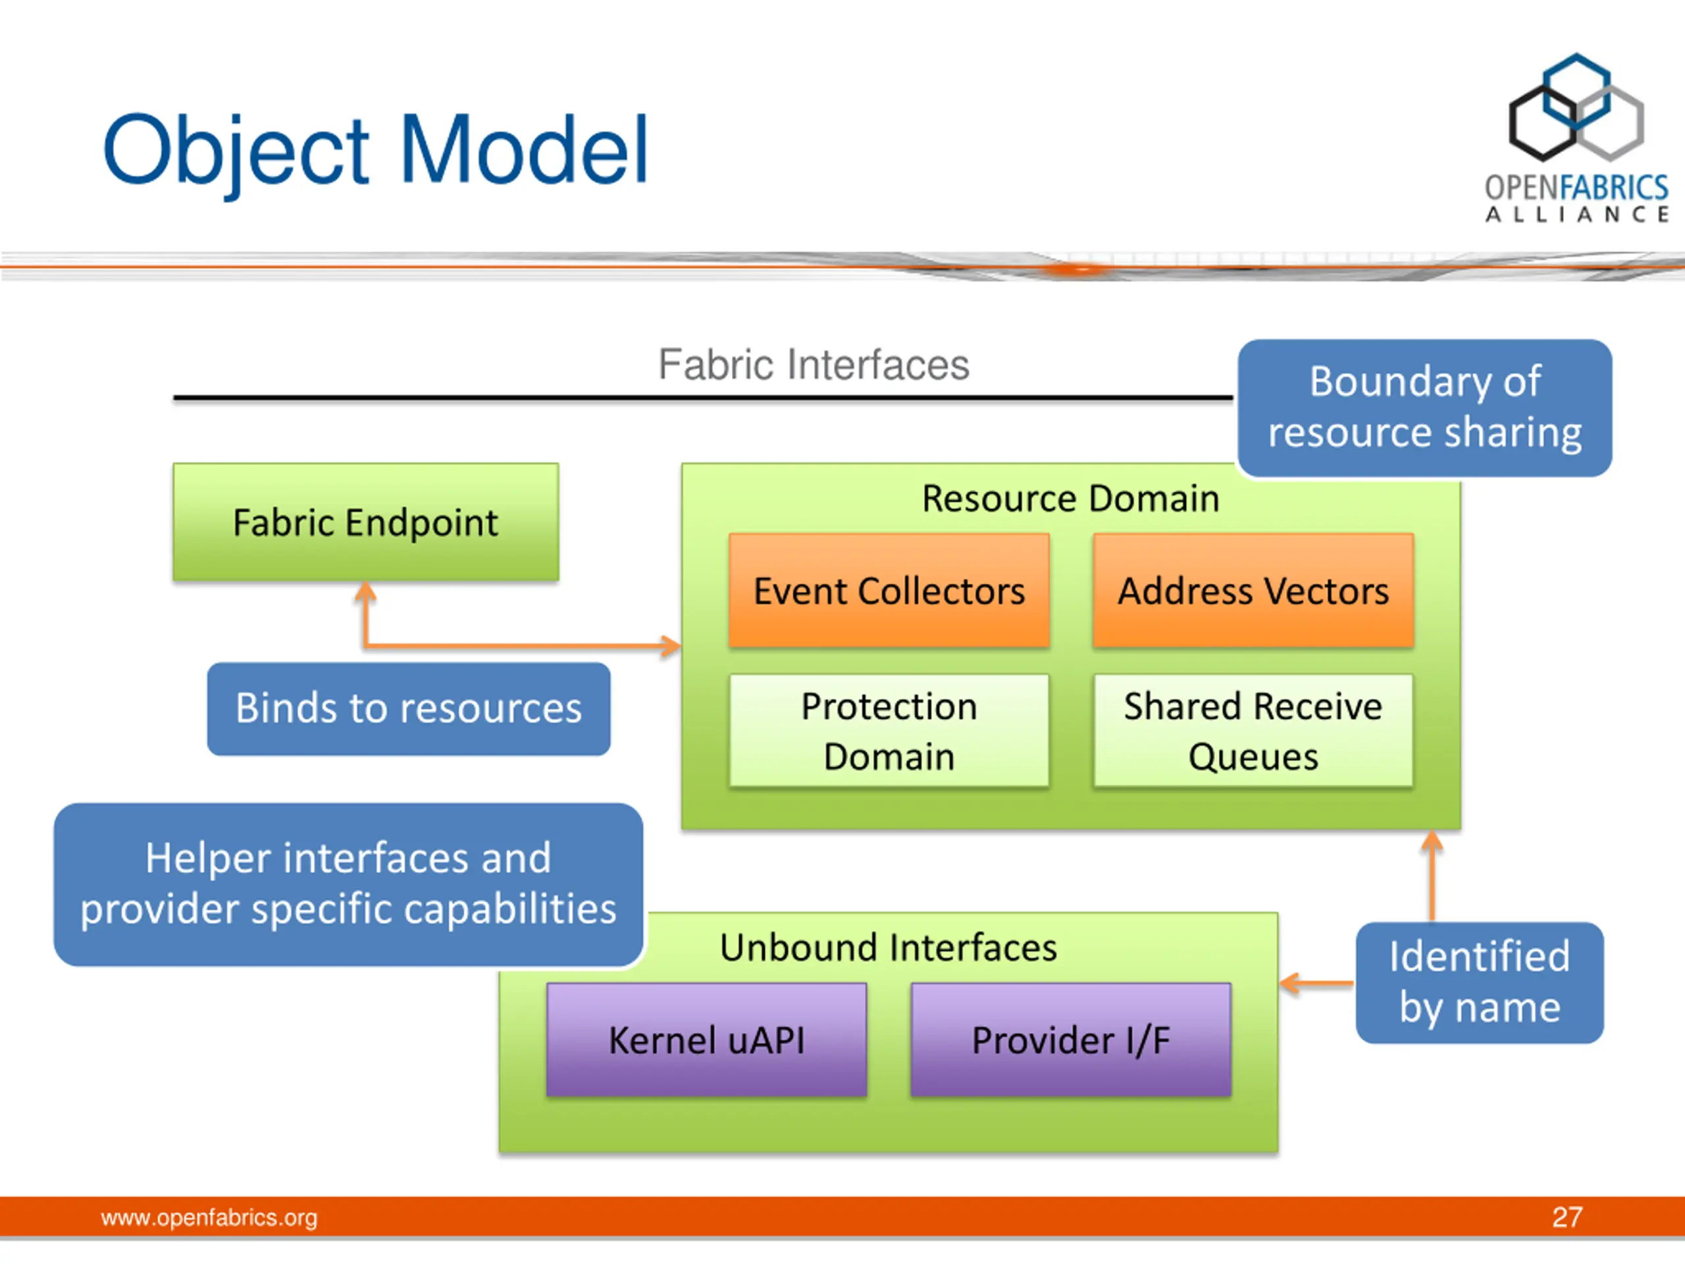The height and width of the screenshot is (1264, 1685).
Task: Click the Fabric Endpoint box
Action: tap(366, 523)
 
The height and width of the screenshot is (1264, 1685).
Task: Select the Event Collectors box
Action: tap(889, 591)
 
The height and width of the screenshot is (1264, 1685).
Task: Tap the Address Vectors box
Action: tap(1253, 591)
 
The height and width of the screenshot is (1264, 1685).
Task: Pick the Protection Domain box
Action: tap(889, 731)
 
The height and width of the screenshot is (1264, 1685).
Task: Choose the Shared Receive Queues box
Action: tap(1253, 731)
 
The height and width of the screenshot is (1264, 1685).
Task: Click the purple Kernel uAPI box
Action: tap(707, 1040)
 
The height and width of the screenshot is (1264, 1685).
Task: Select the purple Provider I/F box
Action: tap(1070, 1040)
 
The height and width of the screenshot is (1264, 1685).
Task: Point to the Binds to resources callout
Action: tap(408, 708)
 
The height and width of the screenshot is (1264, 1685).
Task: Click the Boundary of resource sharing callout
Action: tap(1424, 408)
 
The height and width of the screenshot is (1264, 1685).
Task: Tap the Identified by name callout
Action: tap(1480, 982)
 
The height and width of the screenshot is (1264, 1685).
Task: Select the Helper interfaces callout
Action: tap(348, 883)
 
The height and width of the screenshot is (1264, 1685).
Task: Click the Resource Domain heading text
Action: tap(1070, 499)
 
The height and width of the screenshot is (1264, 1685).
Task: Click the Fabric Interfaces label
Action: tap(814, 364)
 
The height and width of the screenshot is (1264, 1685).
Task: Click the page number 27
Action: tap(1567, 1217)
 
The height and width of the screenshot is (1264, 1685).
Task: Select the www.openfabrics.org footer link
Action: tap(209, 1217)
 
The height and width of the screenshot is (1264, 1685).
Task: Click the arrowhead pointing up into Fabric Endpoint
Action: tap(366, 591)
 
